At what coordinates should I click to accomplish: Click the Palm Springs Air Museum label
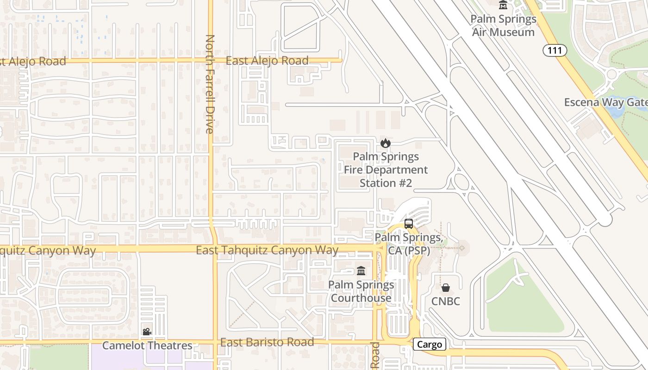click(x=503, y=25)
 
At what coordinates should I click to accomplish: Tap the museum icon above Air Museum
click(x=503, y=5)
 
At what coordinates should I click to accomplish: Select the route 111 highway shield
click(x=555, y=50)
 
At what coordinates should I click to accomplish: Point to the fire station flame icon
click(x=385, y=143)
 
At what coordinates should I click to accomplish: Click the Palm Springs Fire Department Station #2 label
click(x=386, y=170)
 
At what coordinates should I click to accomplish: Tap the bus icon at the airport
click(x=409, y=224)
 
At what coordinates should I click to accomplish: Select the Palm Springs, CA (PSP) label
click(x=408, y=244)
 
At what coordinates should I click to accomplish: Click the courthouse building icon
click(x=361, y=271)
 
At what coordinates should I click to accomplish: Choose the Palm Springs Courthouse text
click(x=361, y=291)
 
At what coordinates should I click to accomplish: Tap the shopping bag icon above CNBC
click(x=445, y=288)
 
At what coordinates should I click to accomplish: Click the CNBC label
click(x=446, y=302)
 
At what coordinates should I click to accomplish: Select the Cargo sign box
click(x=430, y=344)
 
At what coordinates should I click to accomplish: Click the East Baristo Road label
click(x=267, y=342)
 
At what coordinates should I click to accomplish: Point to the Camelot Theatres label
click(x=147, y=345)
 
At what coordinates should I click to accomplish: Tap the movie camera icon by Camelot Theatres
click(x=147, y=332)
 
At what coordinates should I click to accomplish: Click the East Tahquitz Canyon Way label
click(x=267, y=250)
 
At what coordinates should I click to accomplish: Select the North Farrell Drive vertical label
click(x=210, y=84)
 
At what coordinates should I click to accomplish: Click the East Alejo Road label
click(x=267, y=61)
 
